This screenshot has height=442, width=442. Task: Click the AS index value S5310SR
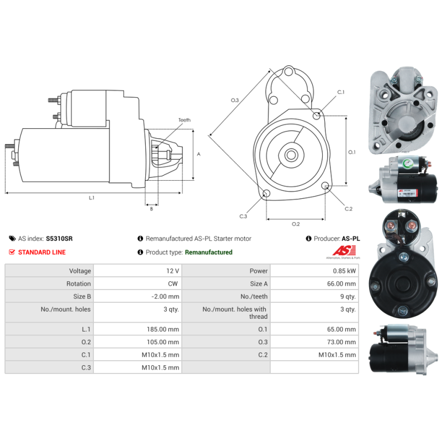pos(59,239)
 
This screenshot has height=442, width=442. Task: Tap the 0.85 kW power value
pos(345,271)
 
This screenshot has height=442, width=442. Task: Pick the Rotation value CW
pos(174,283)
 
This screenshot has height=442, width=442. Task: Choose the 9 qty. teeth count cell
pos(349,297)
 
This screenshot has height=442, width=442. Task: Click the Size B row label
pos(82,297)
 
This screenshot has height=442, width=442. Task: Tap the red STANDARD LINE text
pos(42,252)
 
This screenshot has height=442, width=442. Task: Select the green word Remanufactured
pos(208,252)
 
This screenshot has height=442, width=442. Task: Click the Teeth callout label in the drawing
pos(184,120)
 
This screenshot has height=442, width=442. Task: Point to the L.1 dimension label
pos(92,198)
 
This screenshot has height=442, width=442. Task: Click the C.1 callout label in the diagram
pos(341,92)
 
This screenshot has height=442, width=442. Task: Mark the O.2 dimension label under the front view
pos(296,224)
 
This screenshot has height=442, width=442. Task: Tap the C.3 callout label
pos(243,216)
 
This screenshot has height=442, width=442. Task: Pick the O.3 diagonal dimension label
pos(235,100)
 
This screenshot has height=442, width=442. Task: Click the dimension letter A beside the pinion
pos(198,154)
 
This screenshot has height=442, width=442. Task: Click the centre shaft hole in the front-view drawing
pos(291,155)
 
